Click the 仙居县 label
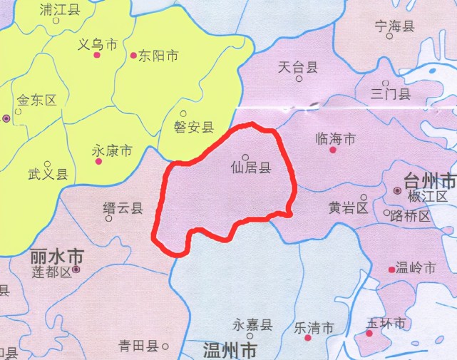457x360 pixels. coord(251,169)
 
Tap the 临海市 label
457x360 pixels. coord(335,139)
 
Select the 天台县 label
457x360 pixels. coord(297,68)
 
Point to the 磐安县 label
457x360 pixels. coord(194,127)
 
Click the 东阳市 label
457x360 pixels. coord(158,56)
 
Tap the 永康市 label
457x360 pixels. coord(112,151)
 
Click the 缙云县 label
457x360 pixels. coord(123,208)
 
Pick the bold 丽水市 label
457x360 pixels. coord(57,256)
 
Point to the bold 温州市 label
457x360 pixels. coord(230,350)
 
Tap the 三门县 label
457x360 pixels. coord(391,93)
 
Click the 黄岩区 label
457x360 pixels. coord(348,208)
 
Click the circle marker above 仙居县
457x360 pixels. coord(245,158)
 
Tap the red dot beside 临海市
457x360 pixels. coord(332,150)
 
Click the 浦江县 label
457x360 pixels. coord(61,10)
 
